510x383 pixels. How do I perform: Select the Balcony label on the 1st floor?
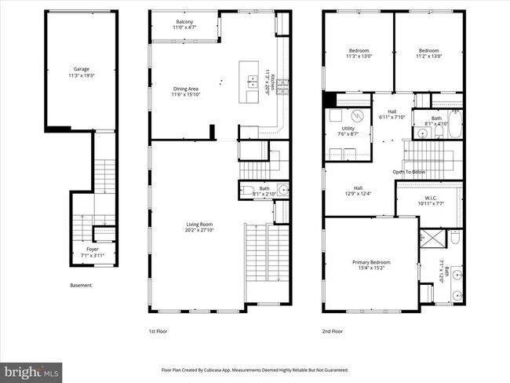click(184, 24)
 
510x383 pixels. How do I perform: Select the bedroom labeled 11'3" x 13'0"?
click(359, 53)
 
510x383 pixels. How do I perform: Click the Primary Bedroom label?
click(370, 265)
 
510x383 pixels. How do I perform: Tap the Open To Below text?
click(409, 172)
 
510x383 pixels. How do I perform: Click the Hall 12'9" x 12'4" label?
click(357, 191)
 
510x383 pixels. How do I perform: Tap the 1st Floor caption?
click(158, 332)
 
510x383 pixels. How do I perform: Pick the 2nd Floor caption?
click(333, 332)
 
